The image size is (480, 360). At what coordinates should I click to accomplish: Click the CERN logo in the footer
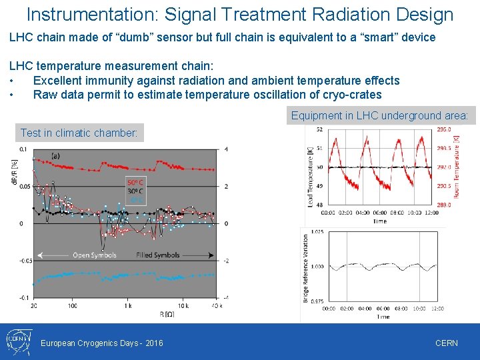pos(17,341)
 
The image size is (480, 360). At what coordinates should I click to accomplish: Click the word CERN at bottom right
pos(446,343)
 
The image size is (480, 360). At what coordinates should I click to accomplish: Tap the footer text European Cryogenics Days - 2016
pos(102,343)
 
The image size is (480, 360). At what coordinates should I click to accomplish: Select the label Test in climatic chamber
pos(79,133)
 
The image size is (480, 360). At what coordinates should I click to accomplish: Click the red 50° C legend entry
pos(136,182)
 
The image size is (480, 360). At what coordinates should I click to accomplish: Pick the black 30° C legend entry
pos(136,191)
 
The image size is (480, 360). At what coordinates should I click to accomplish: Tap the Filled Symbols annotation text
pos(157,255)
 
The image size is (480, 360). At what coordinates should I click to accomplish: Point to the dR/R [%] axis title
pos(14,172)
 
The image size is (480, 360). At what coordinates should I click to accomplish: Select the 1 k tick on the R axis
pos(127,305)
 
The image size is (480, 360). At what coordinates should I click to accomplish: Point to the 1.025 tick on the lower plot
pos(317,232)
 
